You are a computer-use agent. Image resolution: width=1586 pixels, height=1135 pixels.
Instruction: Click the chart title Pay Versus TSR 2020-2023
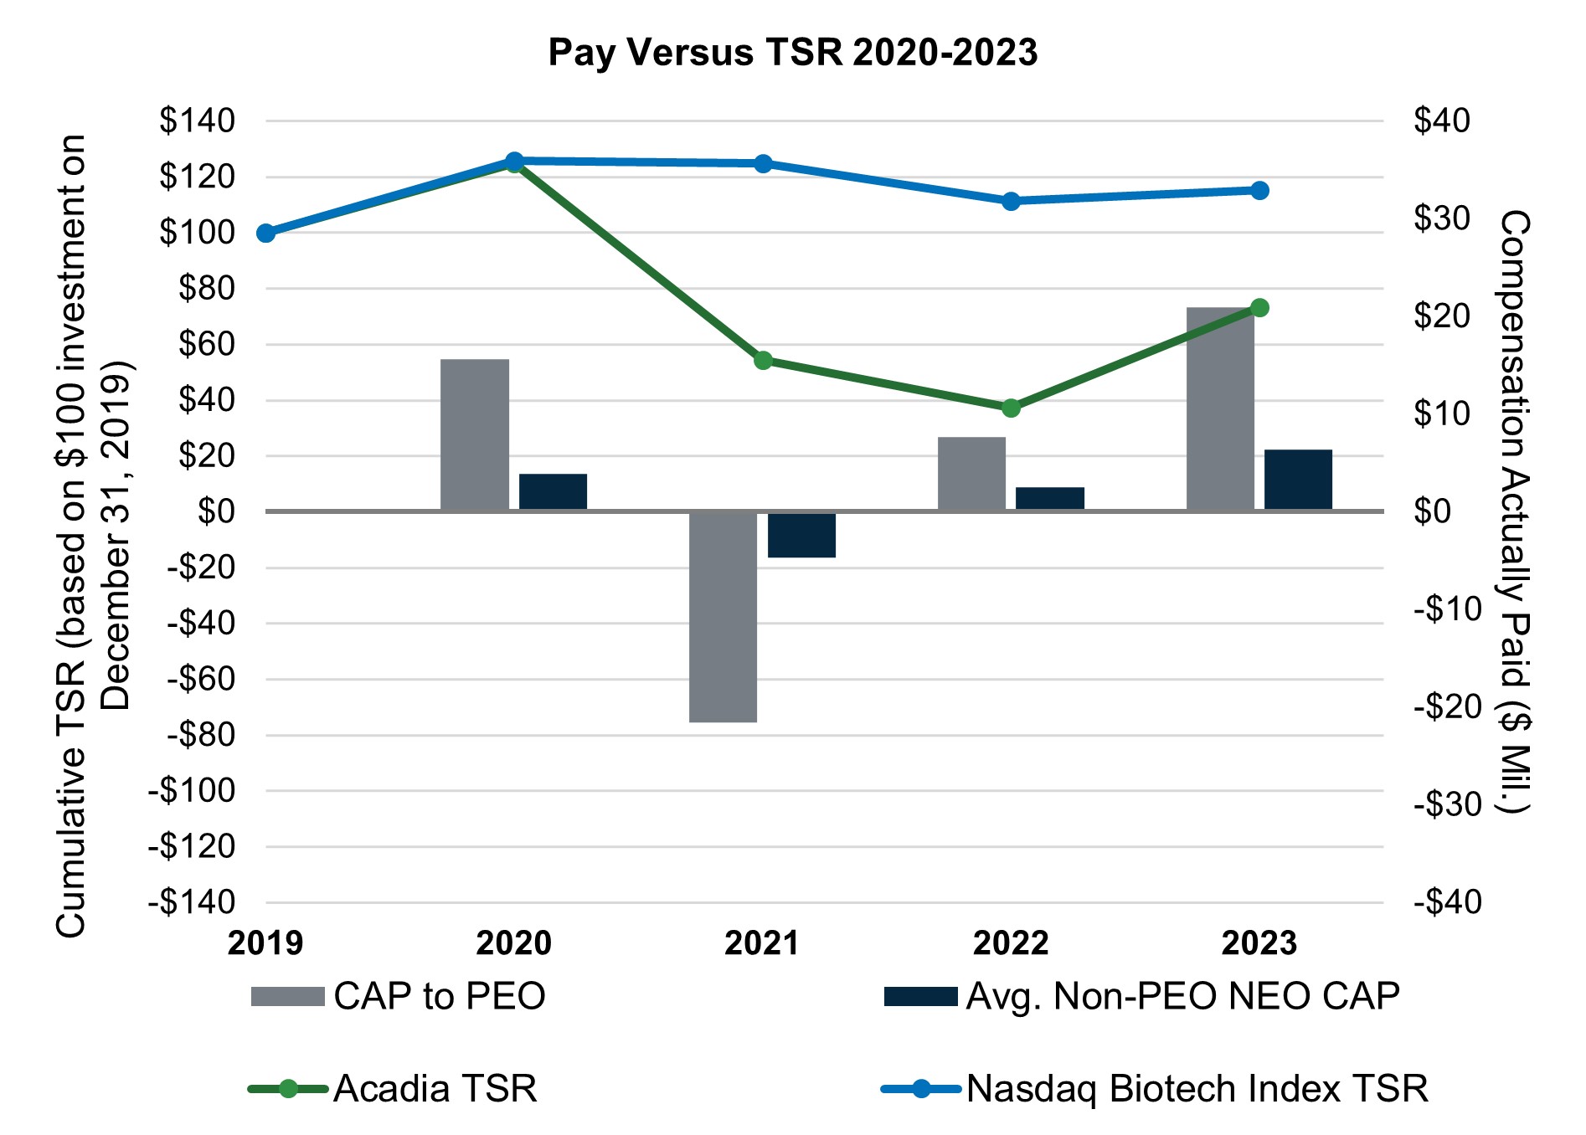click(792, 52)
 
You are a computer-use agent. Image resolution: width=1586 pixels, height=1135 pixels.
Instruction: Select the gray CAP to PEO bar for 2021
click(723, 616)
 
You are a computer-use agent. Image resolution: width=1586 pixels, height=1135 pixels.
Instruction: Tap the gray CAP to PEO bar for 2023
click(1220, 408)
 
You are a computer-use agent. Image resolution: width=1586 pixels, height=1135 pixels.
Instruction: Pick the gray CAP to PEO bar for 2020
click(474, 434)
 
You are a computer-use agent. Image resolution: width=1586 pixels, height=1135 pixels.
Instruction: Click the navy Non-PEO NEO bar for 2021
click(801, 534)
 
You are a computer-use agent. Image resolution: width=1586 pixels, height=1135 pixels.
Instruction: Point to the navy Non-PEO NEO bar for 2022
click(1049, 498)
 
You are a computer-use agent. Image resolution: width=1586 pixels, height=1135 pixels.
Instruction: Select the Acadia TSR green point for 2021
click(763, 361)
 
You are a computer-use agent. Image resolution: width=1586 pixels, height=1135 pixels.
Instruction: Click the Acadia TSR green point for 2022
click(1011, 408)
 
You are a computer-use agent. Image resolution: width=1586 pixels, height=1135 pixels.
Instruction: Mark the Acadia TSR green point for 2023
click(1259, 308)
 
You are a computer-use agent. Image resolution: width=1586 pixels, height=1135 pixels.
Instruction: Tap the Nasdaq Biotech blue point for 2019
click(266, 233)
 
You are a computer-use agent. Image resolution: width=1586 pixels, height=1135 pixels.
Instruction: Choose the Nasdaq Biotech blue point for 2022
click(1011, 201)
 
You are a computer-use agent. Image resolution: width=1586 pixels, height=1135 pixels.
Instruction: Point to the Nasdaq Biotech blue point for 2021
click(763, 163)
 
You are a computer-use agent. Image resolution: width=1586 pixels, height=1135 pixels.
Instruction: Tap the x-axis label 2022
click(1011, 943)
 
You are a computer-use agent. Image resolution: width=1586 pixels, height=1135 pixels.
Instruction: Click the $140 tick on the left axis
click(198, 121)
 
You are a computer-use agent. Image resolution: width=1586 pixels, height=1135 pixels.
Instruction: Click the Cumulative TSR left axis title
click(92, 536)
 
